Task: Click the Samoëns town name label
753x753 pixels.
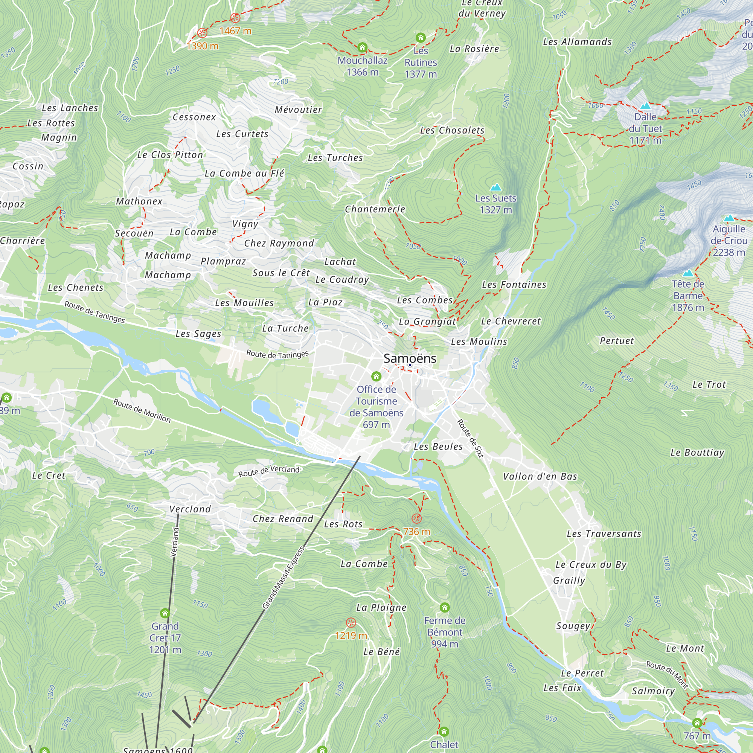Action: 410,358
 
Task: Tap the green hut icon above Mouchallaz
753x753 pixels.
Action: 362,47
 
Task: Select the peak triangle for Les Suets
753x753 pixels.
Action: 496,187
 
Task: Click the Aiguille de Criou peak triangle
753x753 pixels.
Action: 729,218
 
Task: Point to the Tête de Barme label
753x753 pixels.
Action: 688,296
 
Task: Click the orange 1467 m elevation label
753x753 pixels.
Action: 235,31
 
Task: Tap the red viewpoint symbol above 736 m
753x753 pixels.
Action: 417,518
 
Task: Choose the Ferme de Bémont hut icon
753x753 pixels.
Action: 444,607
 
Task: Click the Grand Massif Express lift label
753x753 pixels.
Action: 284,578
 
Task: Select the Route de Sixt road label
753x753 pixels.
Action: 470,438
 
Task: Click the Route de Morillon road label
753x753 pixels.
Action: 142,410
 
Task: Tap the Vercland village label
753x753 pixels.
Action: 190,509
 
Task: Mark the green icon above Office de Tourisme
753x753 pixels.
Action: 376,376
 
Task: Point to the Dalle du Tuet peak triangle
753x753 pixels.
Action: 645,106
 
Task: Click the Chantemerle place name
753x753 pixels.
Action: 375,209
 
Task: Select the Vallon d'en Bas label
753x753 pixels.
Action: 540,476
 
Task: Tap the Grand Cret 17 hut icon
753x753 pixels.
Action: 165,613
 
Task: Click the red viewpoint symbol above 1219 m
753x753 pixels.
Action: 351,622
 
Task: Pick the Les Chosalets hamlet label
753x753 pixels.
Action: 452,130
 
